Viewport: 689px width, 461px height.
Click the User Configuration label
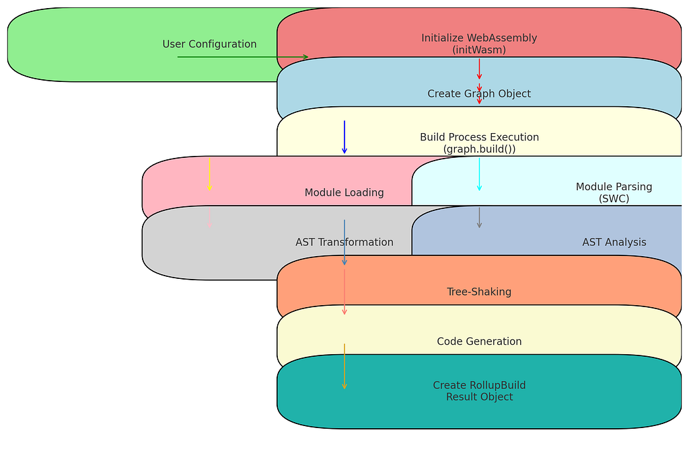209,44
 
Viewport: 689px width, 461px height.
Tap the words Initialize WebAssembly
479,38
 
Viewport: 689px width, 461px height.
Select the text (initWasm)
479,50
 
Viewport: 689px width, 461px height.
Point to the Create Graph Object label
479,94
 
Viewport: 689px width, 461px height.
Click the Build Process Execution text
479,137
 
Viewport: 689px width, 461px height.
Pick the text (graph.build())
479,149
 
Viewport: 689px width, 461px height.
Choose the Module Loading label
344,193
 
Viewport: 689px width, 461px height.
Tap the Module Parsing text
614,187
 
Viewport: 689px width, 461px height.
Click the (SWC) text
614,199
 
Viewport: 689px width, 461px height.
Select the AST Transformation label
344,243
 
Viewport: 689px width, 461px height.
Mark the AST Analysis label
614,243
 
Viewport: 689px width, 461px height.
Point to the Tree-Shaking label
479,292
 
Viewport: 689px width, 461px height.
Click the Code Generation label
479,341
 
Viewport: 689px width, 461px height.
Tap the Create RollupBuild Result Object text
479,391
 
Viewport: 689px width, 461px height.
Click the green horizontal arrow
242,57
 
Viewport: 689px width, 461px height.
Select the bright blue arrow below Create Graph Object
344,137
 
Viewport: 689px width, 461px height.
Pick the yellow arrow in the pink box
209,175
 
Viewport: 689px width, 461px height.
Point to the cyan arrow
479,175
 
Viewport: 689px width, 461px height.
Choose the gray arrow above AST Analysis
479,218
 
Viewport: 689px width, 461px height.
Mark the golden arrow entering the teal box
344,366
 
